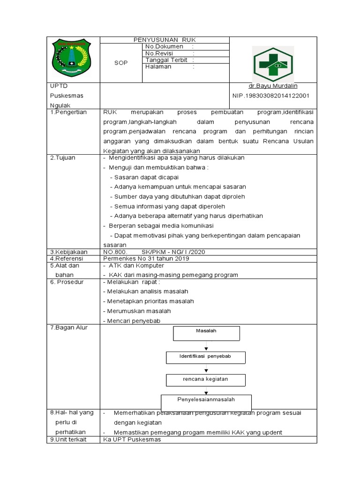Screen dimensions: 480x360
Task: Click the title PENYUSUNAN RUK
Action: click(164, 40)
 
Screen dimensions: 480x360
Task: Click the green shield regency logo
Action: click(72, 59)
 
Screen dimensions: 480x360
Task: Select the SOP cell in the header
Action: click(120, 63)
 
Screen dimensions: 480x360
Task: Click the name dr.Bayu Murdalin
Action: click(273, 86)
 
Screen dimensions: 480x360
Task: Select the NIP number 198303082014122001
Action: click(271, 96)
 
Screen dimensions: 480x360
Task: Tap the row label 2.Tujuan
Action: click(63, 158)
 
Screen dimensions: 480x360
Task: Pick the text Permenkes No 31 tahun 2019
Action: click(146, 258)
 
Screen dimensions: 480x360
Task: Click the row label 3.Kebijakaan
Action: click(69, 252)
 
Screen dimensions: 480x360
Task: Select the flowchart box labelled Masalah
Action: click(206, 333)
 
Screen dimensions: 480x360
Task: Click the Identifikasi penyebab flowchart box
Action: click(205, 357)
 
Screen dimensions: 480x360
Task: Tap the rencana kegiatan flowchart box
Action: click(205, 379)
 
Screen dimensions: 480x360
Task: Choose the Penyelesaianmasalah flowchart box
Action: click(206, 402)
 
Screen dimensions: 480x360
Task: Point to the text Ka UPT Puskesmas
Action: click(132, 440)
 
